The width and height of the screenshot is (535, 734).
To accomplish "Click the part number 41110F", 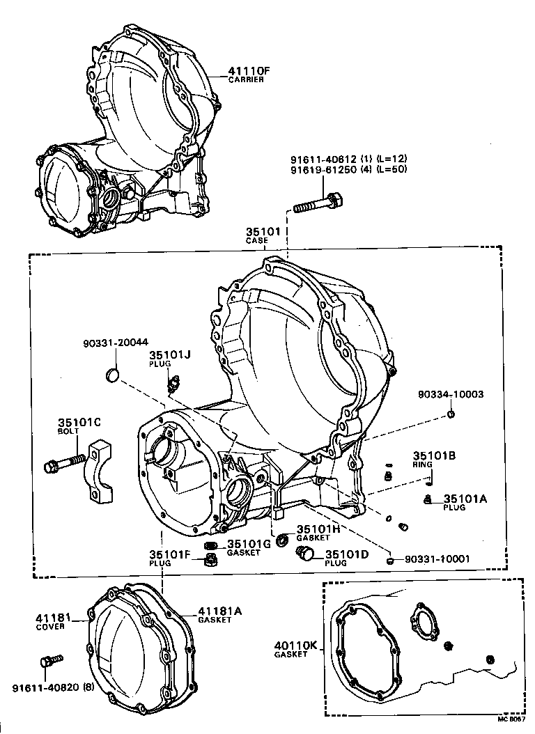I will click(x=247, y=70).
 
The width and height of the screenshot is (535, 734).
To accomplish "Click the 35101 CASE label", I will click(x=261, y=235).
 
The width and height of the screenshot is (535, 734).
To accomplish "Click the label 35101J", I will click(x=169, y=354).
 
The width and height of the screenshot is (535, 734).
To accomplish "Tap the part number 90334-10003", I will click(x=451, y=394).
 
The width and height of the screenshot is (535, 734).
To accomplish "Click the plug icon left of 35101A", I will click(x=428, y=499).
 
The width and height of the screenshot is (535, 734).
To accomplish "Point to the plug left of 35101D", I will click(x=304, y=554).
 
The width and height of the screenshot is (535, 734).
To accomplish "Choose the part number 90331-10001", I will click(x=436, y=559).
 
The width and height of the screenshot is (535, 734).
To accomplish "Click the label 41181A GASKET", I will click(x=219, y=614).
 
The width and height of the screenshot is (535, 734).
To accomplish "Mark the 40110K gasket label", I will click(x=296, y=650).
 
